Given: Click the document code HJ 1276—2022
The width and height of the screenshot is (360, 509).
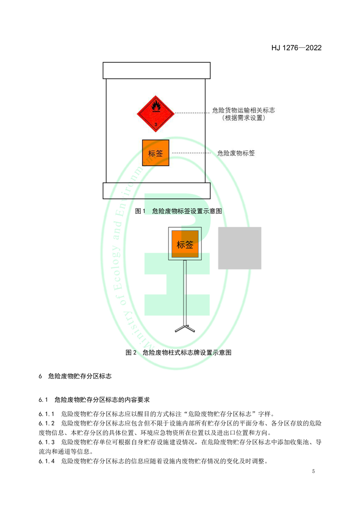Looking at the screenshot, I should [296, 48].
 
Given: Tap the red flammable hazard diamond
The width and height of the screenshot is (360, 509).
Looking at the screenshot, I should [156, 113].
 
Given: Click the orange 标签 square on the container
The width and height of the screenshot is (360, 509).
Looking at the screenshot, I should [156, 153].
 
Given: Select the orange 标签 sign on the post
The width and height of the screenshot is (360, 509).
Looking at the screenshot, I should [185, 245].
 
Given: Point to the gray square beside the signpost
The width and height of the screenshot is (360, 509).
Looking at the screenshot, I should [239, 248].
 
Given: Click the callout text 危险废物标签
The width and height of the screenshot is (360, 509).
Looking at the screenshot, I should [236, 153].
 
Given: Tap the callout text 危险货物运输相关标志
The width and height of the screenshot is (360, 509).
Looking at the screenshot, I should [243, 110].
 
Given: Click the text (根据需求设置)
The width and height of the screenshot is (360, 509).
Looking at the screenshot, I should [243, 118].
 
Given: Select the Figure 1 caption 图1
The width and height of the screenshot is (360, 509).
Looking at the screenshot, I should [140, 211].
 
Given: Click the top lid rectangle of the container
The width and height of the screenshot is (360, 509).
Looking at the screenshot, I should [157, 71].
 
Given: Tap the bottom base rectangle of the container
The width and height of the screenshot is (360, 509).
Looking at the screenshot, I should [157, 191].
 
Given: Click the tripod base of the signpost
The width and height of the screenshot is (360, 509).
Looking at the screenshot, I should [185, 328].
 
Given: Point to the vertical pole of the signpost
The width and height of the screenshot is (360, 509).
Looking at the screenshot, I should [185, 290].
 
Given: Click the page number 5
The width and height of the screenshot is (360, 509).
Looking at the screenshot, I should [313, 471].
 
